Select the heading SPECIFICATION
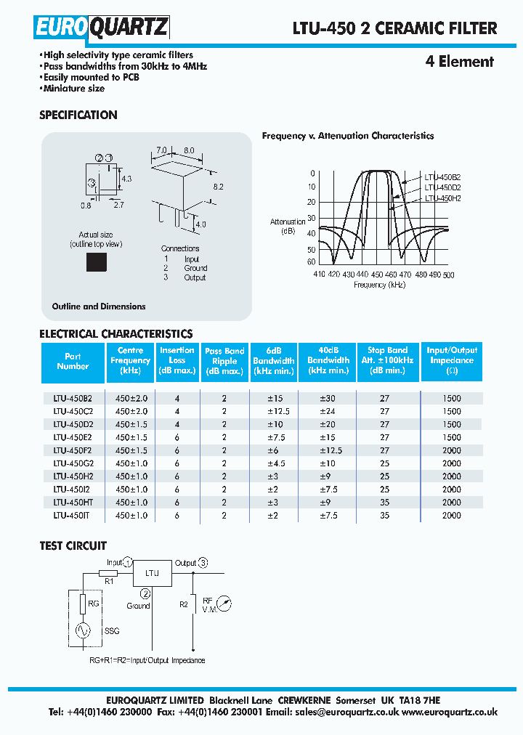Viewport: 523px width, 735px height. click(78, 115)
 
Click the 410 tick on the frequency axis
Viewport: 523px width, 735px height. click(319, 275)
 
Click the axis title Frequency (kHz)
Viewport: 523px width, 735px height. click(379, 285)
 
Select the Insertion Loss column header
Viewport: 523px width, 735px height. click(177, 360)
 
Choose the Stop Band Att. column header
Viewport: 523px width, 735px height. click(387, 360)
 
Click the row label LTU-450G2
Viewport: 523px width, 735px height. click(73, 463)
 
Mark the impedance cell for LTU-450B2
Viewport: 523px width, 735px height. click(451, 398)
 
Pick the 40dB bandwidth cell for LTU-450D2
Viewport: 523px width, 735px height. click(328, 424)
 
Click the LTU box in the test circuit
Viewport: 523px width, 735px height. click(152, 573)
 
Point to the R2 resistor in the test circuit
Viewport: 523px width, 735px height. click(192, 604)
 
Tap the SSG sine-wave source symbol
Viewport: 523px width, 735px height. click(81, 631)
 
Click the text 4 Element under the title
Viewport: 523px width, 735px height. click(459, 62)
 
